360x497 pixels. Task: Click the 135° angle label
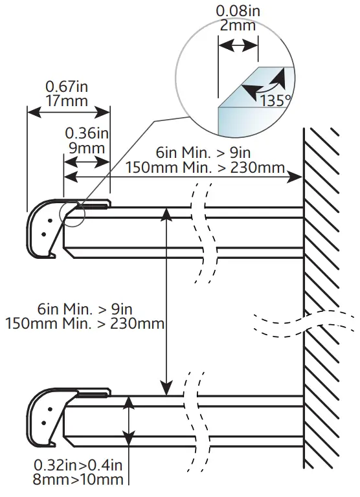[x=275, y=100]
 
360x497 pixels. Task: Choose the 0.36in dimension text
[x=86, y=133]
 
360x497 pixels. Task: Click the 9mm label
[x=86, y=148]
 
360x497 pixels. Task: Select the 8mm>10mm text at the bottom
[x=76, y=479]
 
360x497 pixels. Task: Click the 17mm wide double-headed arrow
[x=68, y=113]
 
